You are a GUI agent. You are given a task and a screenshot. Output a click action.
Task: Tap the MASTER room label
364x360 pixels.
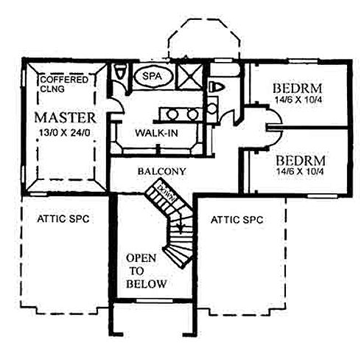[65, 117]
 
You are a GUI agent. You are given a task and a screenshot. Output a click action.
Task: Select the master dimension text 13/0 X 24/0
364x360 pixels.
[65, 133]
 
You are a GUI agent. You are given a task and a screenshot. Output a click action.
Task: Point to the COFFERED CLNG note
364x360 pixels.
[64, 84]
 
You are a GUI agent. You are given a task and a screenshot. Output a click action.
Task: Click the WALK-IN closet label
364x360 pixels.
[156, 133]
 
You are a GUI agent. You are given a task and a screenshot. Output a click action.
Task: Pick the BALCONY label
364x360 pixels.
[161, 171]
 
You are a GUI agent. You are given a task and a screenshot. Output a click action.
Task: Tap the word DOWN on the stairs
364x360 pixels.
[167, 193]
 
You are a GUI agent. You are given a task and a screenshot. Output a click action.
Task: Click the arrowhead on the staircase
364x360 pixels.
[181, 230]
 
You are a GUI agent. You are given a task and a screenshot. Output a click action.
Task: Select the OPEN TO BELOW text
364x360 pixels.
[146, 271]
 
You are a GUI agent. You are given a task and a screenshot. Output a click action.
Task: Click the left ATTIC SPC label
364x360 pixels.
[63, 218]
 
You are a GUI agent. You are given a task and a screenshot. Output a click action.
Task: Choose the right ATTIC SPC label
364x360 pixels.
[237, 220]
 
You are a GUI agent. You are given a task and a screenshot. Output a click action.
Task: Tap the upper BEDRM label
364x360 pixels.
[298, 89]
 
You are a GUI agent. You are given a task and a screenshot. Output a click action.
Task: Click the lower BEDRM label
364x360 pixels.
[301, 161]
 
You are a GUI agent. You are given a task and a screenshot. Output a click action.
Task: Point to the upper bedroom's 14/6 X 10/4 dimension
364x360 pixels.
[298, 100]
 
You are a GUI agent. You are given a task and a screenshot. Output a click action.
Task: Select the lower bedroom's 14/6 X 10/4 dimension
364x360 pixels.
[300, 171]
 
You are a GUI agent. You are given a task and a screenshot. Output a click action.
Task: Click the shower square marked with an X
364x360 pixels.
[190, 76]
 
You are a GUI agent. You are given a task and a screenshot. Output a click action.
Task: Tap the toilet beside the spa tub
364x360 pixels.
[119, 72]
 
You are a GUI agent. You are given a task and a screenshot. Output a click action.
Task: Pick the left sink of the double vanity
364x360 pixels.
[172, 114]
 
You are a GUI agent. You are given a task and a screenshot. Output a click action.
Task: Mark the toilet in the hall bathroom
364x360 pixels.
[217, 87]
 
